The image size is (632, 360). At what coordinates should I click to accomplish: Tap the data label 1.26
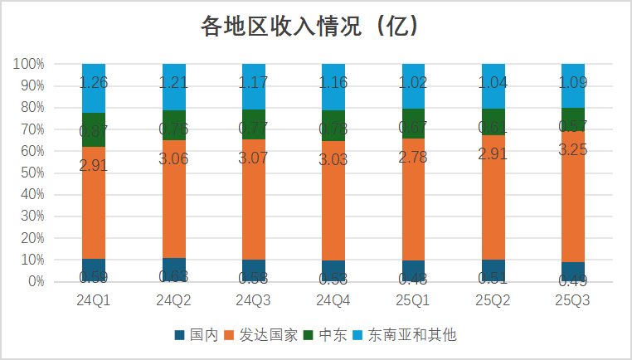pyautogui.click(x=94, y=82)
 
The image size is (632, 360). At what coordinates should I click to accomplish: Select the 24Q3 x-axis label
pyautogui.click(x=254, y=299)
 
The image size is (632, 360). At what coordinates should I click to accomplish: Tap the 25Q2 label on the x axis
pyautogui.click(x=493, y=299)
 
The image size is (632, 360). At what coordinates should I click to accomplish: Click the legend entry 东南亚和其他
pyautogui.click(x=412, y=335)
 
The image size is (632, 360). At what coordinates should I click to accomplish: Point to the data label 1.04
pyautogui.click(x=493, y=83)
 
